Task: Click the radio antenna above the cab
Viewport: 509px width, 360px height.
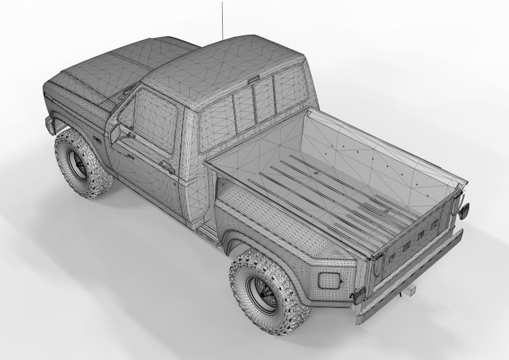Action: [222, 18]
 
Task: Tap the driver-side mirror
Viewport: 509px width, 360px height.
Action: [115, 133]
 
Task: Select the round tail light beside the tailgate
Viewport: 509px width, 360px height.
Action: [464, 209]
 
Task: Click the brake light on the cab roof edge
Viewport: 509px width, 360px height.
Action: [254, 78]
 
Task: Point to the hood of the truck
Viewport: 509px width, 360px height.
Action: [116, 61]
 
